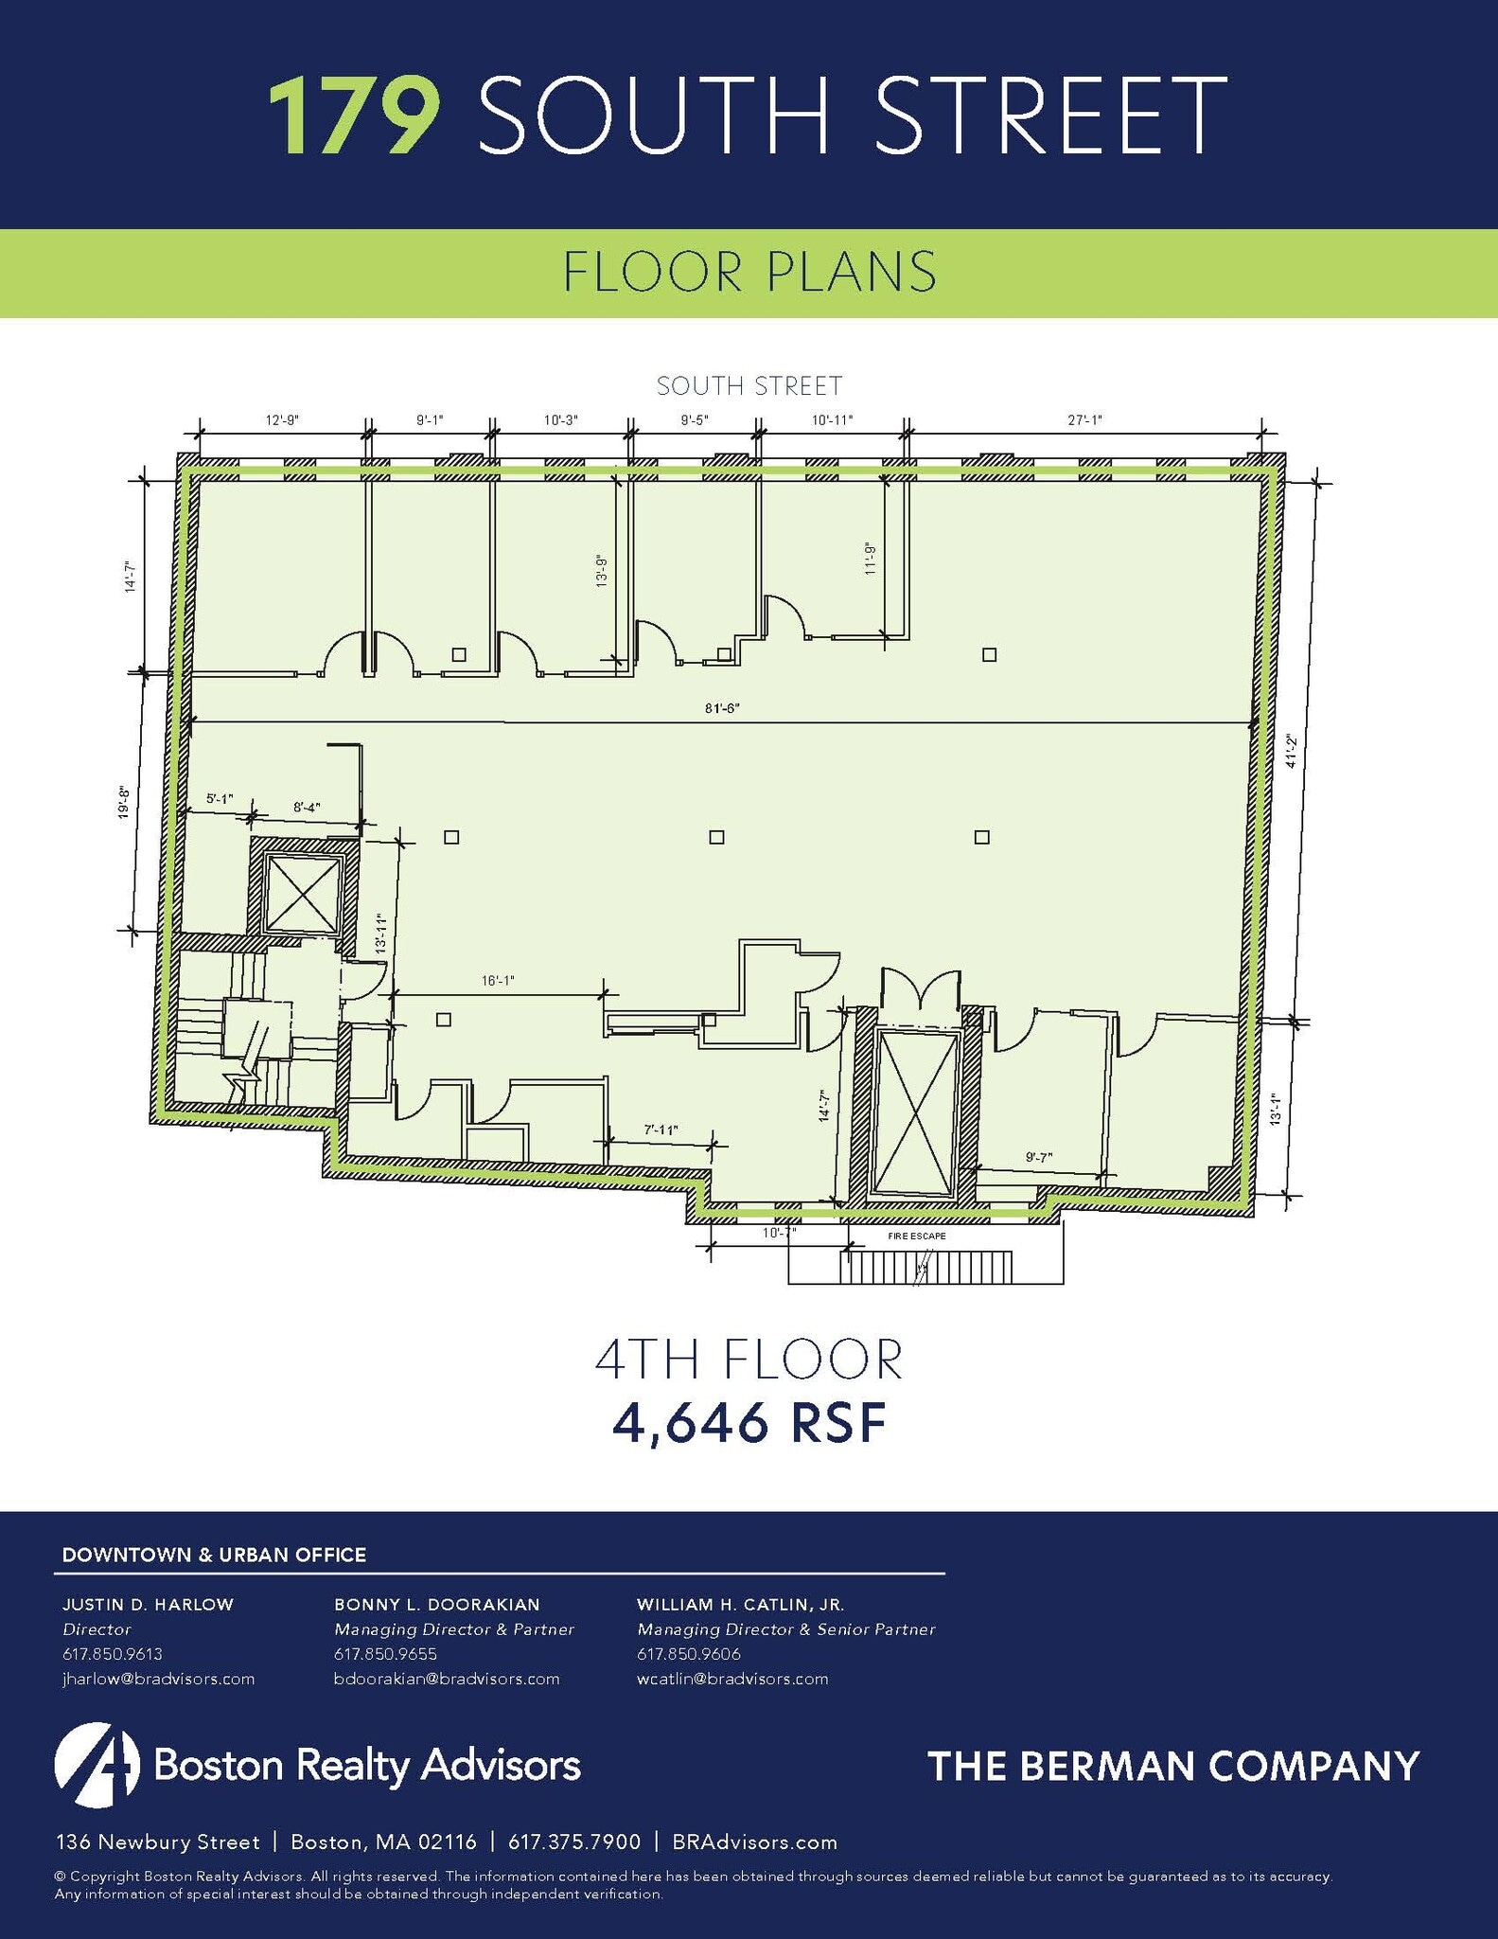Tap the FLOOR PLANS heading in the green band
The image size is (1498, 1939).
coord(749,273)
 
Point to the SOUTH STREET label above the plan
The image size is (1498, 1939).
coord(749,386)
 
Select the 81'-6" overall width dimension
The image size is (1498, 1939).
coord(721,708)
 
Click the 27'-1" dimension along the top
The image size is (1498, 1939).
coord(1084,420)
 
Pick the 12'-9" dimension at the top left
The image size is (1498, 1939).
coord(281,420)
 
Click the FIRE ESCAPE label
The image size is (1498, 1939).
coord(916,1236)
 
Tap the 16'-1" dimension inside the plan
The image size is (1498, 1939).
coord(497,982)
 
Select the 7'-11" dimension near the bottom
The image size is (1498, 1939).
coord(661,1130)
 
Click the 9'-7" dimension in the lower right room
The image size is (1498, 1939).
coord(1039,1156)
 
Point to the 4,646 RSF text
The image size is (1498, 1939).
coord(749,1423)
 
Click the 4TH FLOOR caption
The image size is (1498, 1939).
coord(749,1360)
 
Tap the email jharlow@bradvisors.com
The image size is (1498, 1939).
coord(158,1679)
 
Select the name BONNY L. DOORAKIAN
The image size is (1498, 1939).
coord(436,1605)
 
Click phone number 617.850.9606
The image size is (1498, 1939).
coord(688,1654)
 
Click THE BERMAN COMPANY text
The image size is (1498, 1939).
coord(1173,1767)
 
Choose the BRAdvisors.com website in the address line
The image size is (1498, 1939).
coord(754,1842)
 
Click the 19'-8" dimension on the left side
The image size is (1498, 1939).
coord(124,801)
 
